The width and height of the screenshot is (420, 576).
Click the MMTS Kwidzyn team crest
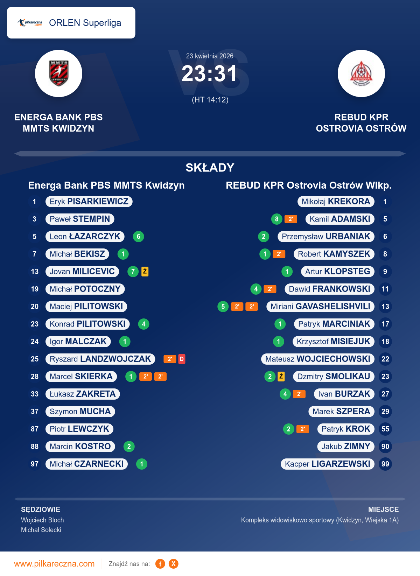tap(58, 73)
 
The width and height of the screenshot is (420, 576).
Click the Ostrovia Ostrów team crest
tap(361, 73)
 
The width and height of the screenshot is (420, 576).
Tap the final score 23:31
tap(209, 74)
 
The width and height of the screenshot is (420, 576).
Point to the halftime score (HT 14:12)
tap(210, 100)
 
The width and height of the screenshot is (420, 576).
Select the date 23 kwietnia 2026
tap(210, 56)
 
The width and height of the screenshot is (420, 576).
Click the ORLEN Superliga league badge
tap(71, 23)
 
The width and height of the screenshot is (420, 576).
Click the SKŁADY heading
tap(210, 168)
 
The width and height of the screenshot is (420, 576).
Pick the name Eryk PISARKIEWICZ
tap(89, 202)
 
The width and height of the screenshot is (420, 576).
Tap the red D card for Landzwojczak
tap(182, 359)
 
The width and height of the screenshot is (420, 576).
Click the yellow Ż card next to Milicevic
tap(145, 272)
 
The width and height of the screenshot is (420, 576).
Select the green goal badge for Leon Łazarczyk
tap(139, 237)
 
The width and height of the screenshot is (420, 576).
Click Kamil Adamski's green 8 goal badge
tap(276, 219)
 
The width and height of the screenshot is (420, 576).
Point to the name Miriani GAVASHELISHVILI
tap(320, 307)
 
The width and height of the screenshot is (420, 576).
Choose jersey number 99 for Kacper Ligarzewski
tap(385, 464)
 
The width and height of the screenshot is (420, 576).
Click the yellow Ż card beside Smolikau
tap(281, 377)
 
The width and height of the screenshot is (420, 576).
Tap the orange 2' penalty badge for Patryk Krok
tap(303, 429)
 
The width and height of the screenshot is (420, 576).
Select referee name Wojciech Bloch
tap(42, 520)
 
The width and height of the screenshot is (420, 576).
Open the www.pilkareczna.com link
tap(54, 564)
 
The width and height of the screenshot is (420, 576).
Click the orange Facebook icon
tap(160, 564)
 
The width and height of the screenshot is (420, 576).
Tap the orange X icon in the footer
tap(173, 564)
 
